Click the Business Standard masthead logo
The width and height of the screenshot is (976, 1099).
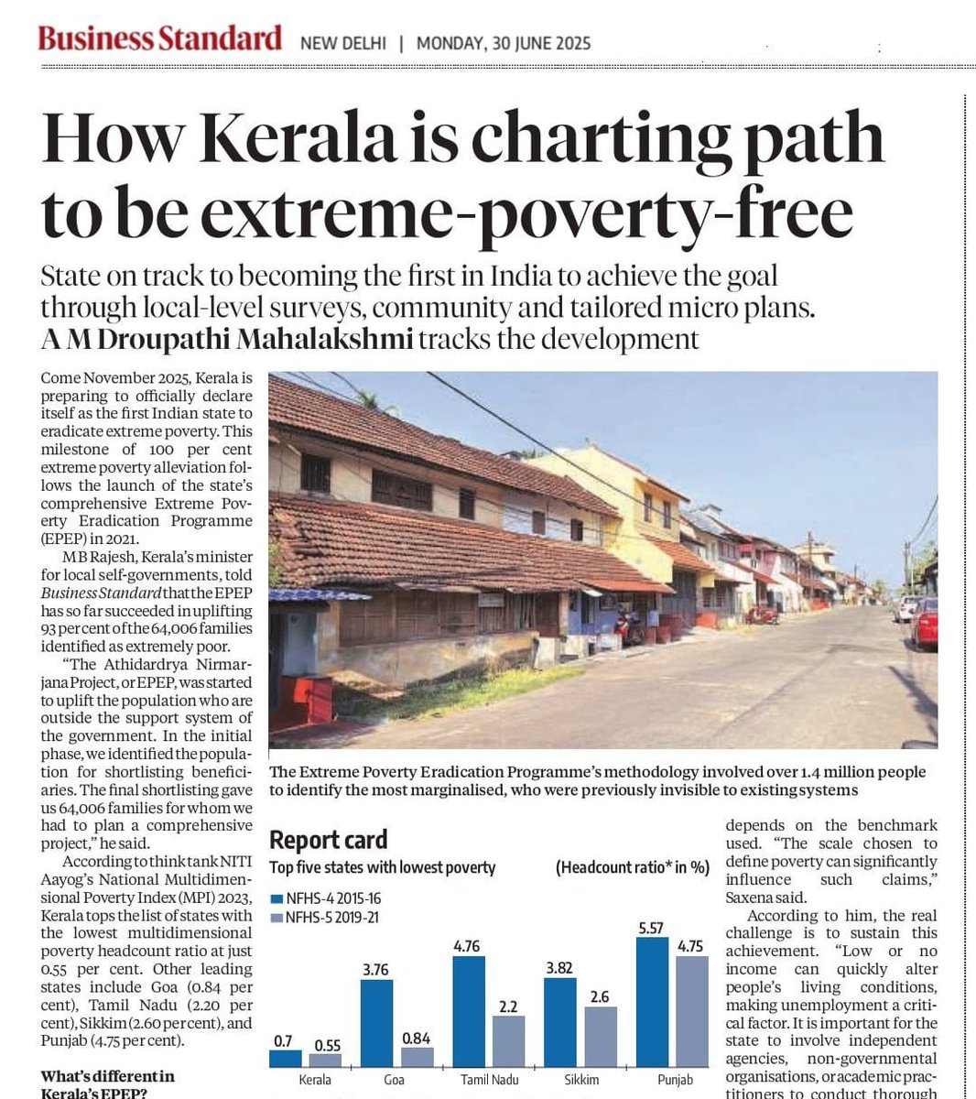pos(159,38)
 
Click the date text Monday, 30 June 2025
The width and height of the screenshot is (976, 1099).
pos(503,43)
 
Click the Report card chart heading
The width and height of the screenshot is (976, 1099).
pos(328,840)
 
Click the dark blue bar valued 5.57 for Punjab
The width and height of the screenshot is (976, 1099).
pos(651,1002)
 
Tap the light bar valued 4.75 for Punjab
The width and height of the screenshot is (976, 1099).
pos(691,1011)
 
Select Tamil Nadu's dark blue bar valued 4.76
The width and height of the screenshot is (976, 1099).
pos(468,1011)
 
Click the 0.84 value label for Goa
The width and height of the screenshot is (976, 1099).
pos(417,1038)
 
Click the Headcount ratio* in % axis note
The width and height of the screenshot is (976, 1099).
pos(632,867)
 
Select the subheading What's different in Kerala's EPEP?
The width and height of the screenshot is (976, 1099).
pos(107,1084)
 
